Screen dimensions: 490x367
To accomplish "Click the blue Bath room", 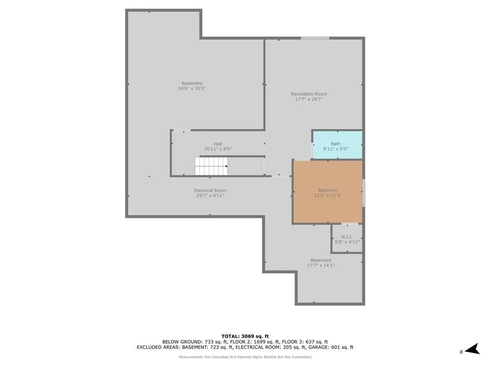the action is (337, 145).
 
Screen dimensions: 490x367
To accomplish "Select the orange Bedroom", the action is (328, 192).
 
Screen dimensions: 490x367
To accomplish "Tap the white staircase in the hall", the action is (211, 166).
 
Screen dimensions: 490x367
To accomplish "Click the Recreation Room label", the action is (309, 94).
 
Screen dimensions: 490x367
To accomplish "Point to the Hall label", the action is (218, 144).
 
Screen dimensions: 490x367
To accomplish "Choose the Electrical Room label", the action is (210, 190).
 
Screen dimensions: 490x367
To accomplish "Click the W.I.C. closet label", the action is (347, 237).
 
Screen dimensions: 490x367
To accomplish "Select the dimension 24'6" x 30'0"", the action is (192, 88).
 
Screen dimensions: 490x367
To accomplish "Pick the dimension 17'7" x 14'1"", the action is (321, 266).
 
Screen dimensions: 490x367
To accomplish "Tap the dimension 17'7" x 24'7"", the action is (309, 99).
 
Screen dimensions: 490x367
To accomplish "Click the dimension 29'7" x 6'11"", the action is (210, 195).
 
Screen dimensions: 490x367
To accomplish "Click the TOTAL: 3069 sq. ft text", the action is (245, 336).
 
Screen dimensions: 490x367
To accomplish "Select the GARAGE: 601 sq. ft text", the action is (331, 347).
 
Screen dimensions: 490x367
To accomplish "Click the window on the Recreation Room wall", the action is (315, 38).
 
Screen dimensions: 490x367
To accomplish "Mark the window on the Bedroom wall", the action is (364, 193).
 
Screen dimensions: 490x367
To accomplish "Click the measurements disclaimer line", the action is (245, 357).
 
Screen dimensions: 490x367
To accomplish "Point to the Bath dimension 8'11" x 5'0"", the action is (335, 149).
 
